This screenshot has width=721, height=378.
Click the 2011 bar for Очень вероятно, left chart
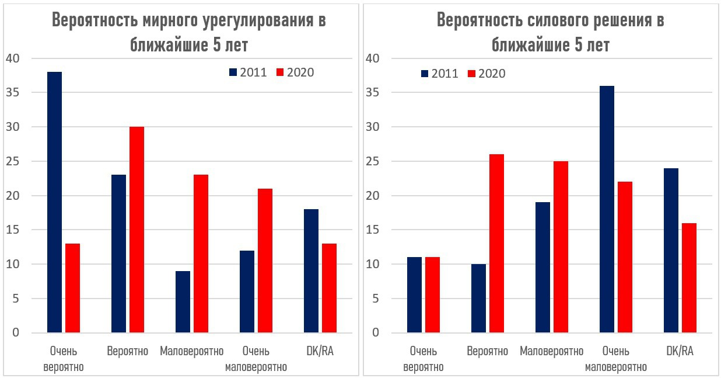(54, 202)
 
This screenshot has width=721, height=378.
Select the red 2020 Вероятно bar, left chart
(136, 230)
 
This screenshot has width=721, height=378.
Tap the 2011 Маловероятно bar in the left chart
(183, 302)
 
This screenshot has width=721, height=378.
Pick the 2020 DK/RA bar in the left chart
(329, 288)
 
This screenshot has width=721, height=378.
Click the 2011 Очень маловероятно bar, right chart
(607, 209)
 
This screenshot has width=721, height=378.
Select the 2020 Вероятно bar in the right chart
(496, 244)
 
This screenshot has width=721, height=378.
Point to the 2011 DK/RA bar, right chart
(671, 251)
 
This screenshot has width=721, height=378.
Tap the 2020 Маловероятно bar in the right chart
(561, 247)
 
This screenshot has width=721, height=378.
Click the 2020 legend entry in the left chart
(295, 72)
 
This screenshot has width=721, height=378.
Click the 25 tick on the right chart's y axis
(373, 161)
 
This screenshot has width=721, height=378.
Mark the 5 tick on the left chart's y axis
(16, 299)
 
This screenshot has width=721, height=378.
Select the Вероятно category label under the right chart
(487, 351)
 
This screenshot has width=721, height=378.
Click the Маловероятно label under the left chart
(191, 351)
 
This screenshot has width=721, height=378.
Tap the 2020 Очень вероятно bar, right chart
(432, 295)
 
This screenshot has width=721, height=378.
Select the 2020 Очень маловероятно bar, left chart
(265, 261)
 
